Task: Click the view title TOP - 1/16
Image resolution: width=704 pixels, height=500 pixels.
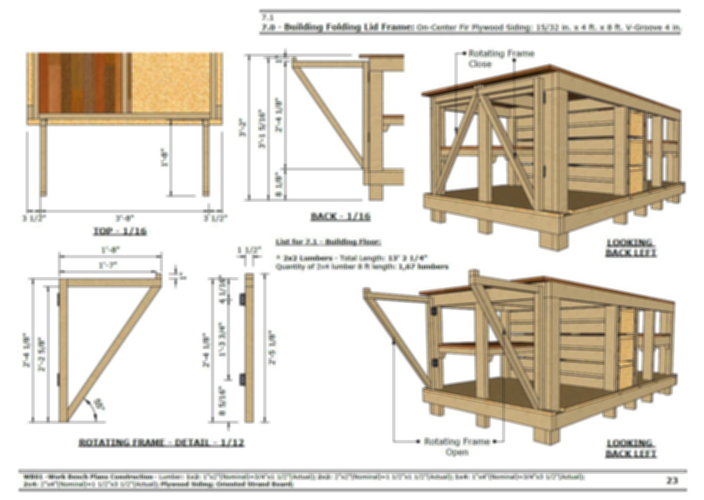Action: (120, 231)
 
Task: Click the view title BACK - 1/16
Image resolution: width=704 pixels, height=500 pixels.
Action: (340, 217)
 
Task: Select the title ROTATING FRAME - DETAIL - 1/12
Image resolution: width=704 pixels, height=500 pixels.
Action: (161, 442)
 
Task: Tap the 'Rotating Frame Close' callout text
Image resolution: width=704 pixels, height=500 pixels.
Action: (501, 58)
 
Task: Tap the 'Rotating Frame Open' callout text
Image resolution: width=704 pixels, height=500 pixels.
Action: (457, 446)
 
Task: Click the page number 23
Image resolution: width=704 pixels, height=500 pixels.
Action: (672, 481)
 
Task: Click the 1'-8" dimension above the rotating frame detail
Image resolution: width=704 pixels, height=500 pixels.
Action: (110, 250)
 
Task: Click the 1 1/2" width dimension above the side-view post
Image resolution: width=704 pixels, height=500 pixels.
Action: (249, 250)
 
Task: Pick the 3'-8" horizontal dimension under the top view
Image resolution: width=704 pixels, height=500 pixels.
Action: (125, 218)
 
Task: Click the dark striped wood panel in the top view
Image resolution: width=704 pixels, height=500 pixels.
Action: (80, 83)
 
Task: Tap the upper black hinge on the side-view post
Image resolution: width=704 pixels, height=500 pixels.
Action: (242, 300)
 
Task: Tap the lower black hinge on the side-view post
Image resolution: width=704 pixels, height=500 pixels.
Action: (242, 380)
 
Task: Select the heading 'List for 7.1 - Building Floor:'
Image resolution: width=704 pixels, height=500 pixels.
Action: (328, 242)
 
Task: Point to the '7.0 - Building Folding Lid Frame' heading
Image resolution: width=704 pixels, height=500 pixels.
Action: (337, 27)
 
